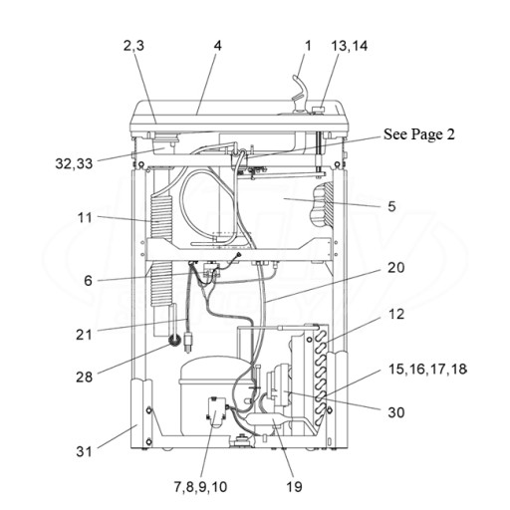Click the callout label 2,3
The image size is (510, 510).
pyautogui.click(x=133, y=46)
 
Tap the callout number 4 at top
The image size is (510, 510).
pyautogui.click(x=217, y=46)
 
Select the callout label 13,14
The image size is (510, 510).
pyautogui.click(x=349, y=46)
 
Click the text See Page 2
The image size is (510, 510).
pyautogui.click(x=419, y=134)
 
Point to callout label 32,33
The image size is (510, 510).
pyautogui.click(x=74, y=163)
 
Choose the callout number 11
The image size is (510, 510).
pyautogui.click(x=85, y=218)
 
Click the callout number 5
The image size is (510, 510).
pyautogui.click(x=391, y=206)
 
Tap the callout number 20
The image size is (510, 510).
pyautogui.click(x=395, y=267)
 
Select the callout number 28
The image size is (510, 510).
pyautogui.click(x=84, y=377)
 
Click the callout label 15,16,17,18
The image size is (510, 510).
pyautogui.click(x=427, y=369)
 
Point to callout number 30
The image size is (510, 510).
pyautogui.click(x=395, y=412)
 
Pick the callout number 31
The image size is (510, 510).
pyautogui.click(x=84, y=451)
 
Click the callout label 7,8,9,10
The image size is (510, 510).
pyautogui.click(x=200, y=487)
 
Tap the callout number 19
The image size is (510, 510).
pyautogui.click(x=294, y=487)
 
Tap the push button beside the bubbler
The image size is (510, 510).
pyautogui.click(x=319, y=110)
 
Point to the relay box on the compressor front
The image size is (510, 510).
pyautogui.click(x=216, y=412)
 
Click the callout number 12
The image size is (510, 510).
pyautogui.click(x=395, y=314)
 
